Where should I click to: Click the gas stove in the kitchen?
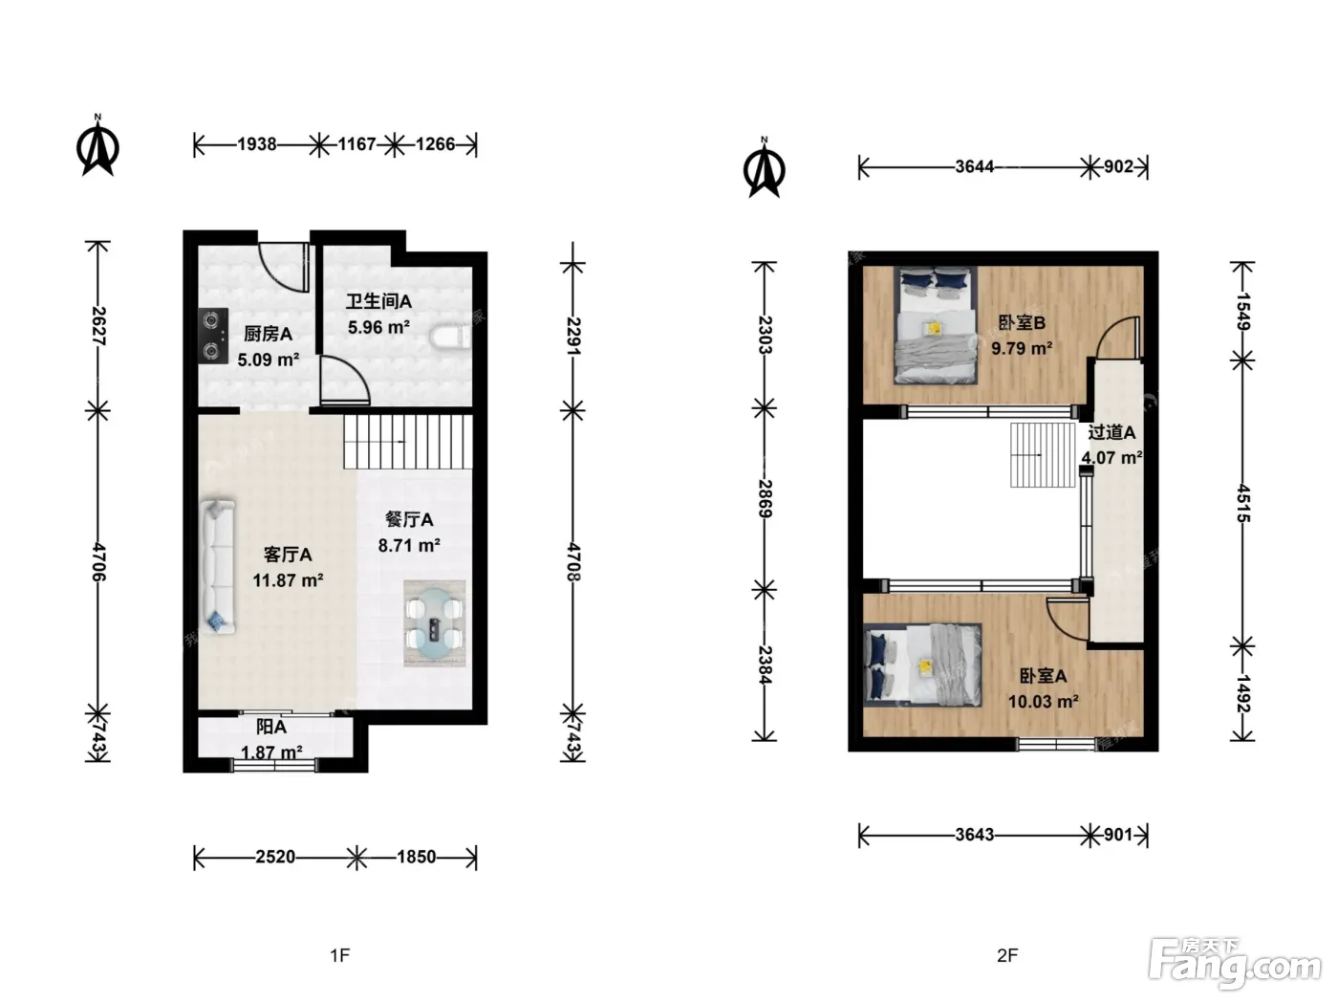(x=213, y=336)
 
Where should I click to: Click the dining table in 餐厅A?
(x=435, y=622)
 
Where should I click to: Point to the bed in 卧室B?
(x=936, y=325)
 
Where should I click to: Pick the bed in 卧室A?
(x=923, y=664)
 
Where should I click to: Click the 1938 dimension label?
(x=257, y=144)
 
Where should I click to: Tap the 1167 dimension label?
(x=356, y=144)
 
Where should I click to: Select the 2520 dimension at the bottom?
(x=275, y=857)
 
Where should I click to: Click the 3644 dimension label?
(x=974, y=166)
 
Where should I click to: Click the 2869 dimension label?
(x=765, y=499)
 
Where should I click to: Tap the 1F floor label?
(x=340, y=955)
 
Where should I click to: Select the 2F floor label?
(x=1007, y=955)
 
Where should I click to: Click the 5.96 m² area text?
(x=378, y=327)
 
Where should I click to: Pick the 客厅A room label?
(x=288, y=555)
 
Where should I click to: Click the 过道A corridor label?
(x=1111, y=432)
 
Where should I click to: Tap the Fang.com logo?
(x=1235, y=965)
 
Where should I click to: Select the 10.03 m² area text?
(x=1043, y=702)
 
